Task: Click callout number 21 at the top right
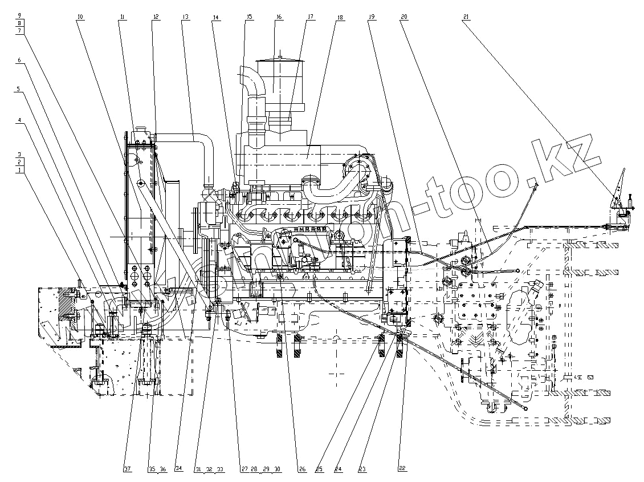pos(466,18)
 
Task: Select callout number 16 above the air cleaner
pos(279,18)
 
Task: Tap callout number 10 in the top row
pos(80,18)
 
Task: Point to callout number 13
pos(185,18)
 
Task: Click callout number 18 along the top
pos(340,18)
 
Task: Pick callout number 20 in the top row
pos(404,18)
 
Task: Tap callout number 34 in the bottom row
pos(178,469)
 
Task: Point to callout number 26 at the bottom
pos(301,469)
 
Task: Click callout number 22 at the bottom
pos(402,469)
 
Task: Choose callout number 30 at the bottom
pos(277,469)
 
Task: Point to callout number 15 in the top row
pos(249,18)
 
